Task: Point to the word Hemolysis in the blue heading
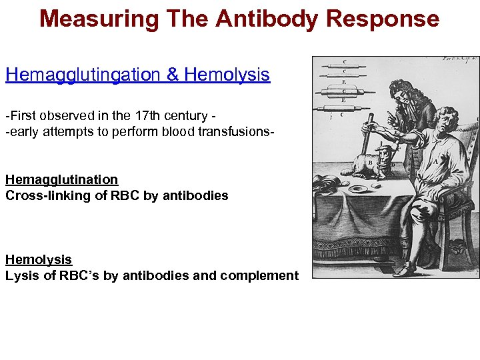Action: point(227,75)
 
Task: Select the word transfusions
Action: point(234,131)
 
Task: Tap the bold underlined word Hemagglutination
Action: point(61,179)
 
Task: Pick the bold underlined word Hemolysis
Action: point(38,259)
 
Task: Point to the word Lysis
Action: point(20,275)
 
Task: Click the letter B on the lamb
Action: point(371,162)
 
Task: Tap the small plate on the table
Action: point(358,189)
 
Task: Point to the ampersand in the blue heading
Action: point(173,75)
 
